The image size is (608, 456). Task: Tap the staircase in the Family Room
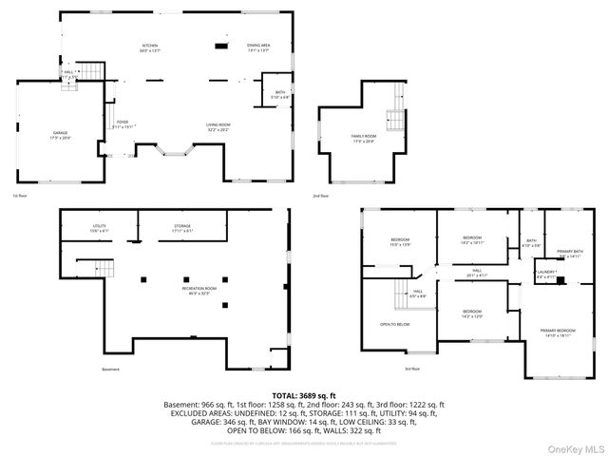click(x=393, y=121)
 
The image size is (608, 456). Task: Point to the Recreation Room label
click(x=174, y=289)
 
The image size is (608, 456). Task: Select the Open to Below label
click(x=394, y=323)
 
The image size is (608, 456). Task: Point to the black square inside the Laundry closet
click(x=561, y=280)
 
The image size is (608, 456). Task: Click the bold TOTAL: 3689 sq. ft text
click(x=304, y=394)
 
